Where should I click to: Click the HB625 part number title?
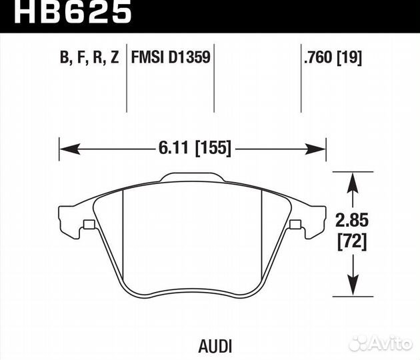[x=73, y=12]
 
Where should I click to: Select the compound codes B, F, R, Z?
[x=89, y=57]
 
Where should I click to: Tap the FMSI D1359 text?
[x=171, y=57]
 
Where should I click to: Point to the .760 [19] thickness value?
[x=333, y=57]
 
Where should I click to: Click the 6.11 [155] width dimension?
[x=195, y=147]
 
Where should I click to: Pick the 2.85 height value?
[x=352, y=221]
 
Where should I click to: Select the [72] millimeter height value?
[x=352, y=242]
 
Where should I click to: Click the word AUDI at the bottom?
[x=215, y=347]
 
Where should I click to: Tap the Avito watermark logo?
[x=381, y=343]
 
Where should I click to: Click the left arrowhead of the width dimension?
[x=69, y=149]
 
